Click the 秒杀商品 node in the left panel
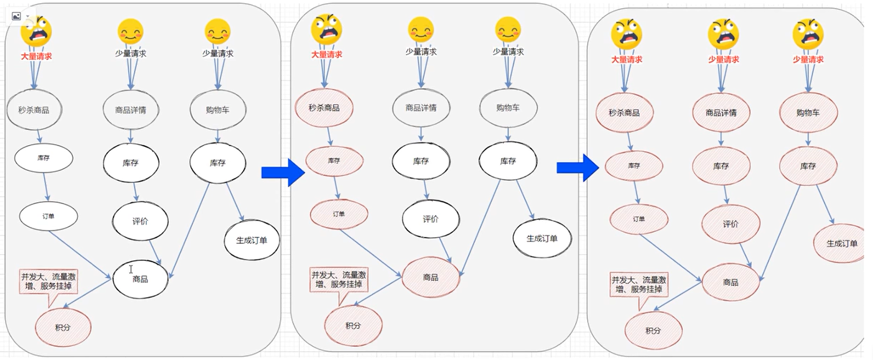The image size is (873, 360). click(34, 110)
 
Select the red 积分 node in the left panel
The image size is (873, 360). click(63, 327)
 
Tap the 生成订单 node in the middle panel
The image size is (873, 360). click(542, 239)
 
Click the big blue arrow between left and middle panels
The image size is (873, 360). click(282, 172)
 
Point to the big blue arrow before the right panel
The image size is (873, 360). click(578, 168)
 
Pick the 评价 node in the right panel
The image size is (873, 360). click(730, 224)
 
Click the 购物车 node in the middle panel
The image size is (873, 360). click(508, 107)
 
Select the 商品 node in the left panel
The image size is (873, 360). click(140, 279)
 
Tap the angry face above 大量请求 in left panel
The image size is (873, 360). click(36, 31)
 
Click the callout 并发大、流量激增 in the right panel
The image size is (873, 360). click(639, 285)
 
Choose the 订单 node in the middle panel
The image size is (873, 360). click(339, 214)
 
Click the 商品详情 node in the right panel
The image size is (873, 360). click(721, 112)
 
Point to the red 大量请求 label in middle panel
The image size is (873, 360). click(327, 54)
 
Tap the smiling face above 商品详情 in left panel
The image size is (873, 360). click(130, 32)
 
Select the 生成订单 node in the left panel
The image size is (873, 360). click(252, 241)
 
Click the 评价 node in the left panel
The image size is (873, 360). click(140, 221)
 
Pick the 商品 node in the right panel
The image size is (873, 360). click(730, 282)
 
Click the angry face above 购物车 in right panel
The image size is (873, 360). click(808, 34)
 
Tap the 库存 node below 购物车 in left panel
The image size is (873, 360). click(218, 162)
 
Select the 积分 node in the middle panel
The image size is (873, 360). click(353, 325)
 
